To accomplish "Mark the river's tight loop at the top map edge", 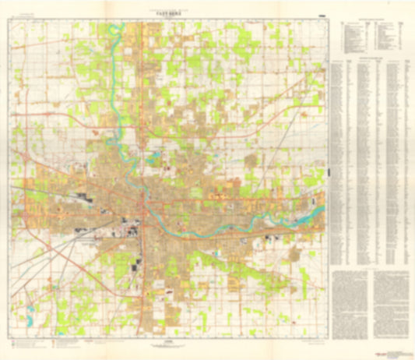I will tap(116, 31).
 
